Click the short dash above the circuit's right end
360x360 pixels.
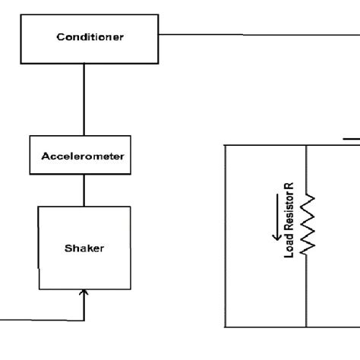(350, 138)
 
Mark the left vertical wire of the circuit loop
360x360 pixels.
(226, 235)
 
